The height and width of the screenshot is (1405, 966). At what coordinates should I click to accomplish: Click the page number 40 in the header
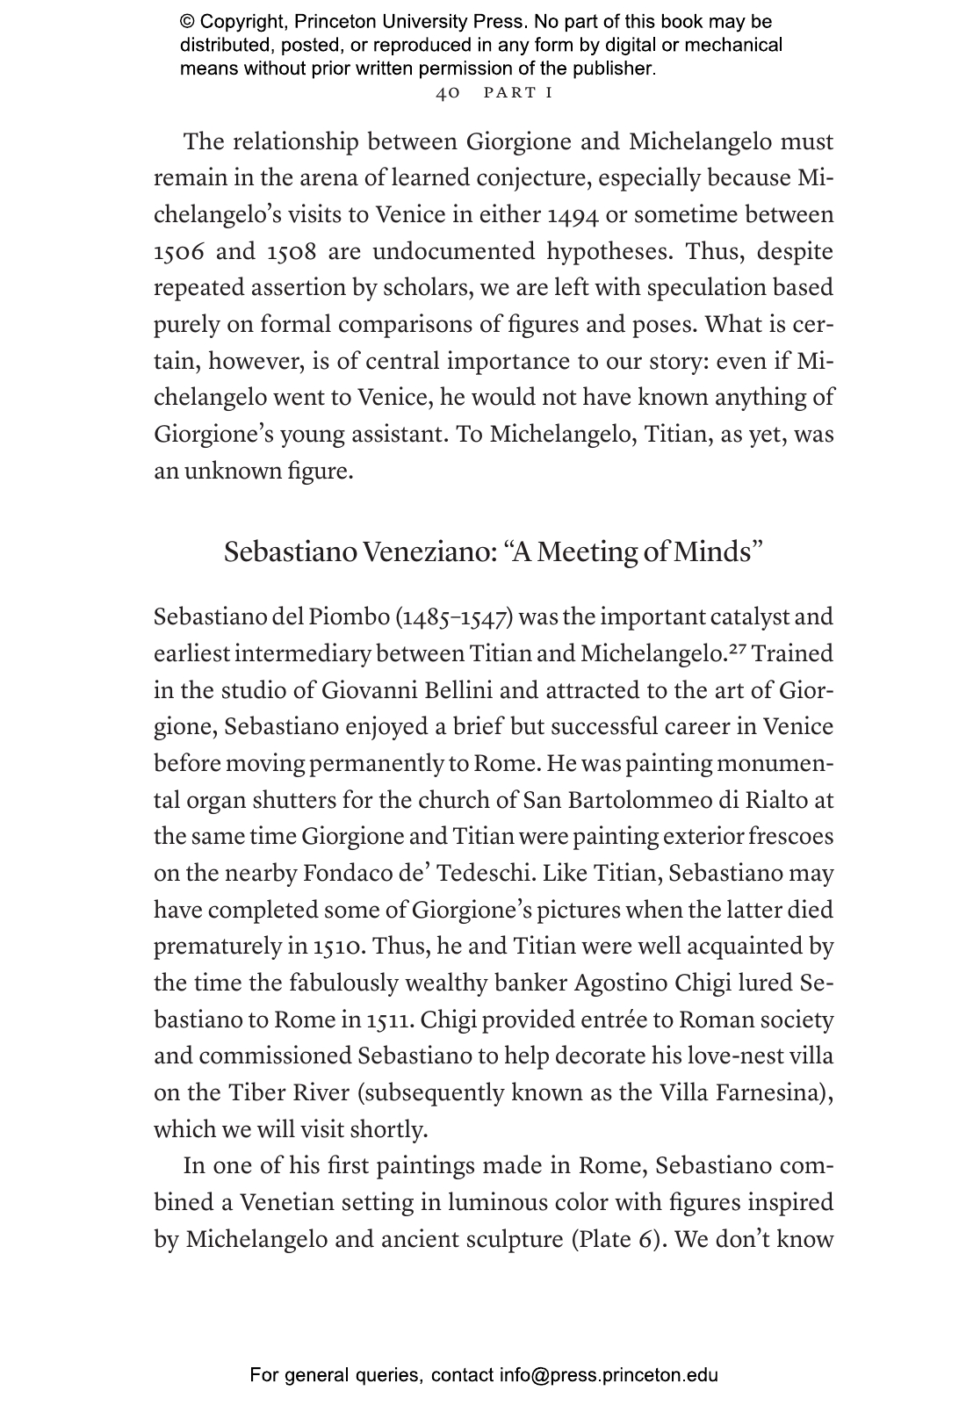click(x=448, y=93)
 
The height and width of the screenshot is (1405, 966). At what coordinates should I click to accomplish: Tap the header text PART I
click(x=518, y=93)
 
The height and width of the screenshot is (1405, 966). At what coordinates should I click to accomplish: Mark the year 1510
click(x=339, y=947)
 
